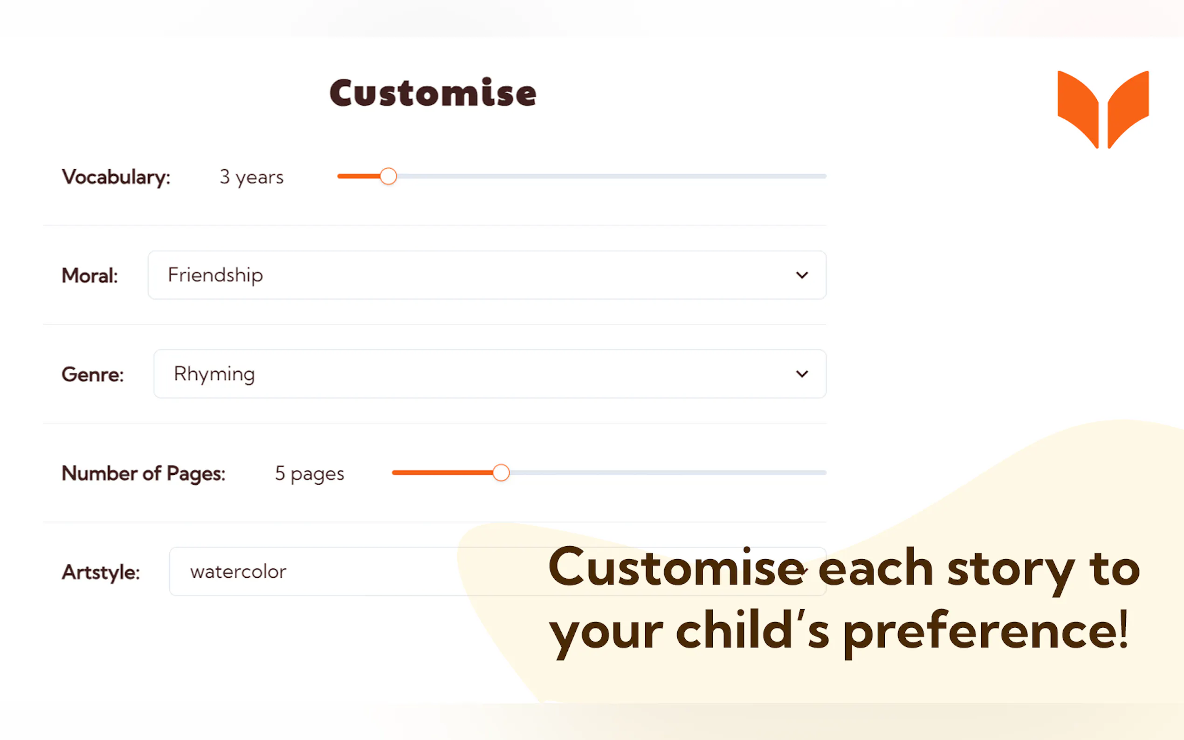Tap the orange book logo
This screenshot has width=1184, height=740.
pos(1103,110)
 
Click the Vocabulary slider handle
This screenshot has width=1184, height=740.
pos(388,176)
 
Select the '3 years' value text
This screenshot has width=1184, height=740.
pos(252,177)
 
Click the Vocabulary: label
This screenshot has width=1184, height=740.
pos(116,177)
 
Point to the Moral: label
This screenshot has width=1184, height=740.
pos(89,275)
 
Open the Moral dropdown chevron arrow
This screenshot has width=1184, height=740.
pos(802,275)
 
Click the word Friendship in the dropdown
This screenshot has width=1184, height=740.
pos(215,275)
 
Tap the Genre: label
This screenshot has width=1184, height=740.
pos(92,374)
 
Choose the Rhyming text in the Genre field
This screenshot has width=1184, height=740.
pos(214,374)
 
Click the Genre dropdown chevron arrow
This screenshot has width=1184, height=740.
pos(802,374)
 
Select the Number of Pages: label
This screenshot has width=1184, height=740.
pos(144,474)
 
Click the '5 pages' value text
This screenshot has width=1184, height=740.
pos(310,474)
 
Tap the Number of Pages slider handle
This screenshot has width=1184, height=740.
pos(501,473)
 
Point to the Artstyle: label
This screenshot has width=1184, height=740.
pos(101,572)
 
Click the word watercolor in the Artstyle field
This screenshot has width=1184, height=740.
pos(238,572)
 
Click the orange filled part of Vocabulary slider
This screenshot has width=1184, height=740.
pos(359,176)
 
